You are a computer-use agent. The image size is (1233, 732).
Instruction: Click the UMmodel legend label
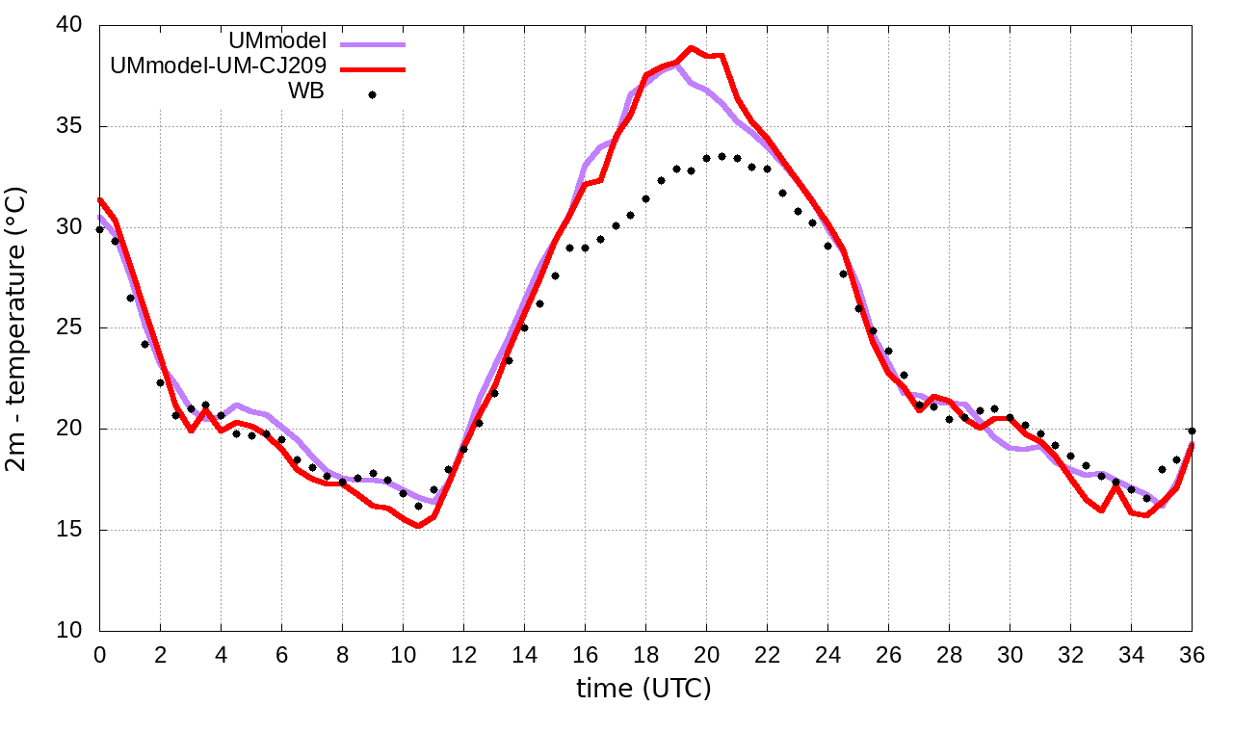278,41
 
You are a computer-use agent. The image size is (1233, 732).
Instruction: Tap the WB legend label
306,92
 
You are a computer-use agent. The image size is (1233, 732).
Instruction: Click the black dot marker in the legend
372,94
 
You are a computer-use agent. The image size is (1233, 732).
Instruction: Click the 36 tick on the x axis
1193,654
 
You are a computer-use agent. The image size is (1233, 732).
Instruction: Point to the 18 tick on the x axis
646,654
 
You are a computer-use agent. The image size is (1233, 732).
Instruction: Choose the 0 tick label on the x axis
100,654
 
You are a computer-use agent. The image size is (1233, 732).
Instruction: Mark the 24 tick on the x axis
828,654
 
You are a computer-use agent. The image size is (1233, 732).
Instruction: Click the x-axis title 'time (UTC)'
643,689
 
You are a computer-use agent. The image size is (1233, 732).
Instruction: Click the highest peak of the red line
691,47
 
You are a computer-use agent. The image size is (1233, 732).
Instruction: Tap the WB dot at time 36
1192,431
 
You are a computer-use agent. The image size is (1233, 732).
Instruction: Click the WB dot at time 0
100,229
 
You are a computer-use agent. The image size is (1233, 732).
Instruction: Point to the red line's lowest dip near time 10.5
418,526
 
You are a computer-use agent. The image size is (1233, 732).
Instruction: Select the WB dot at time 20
706,158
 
